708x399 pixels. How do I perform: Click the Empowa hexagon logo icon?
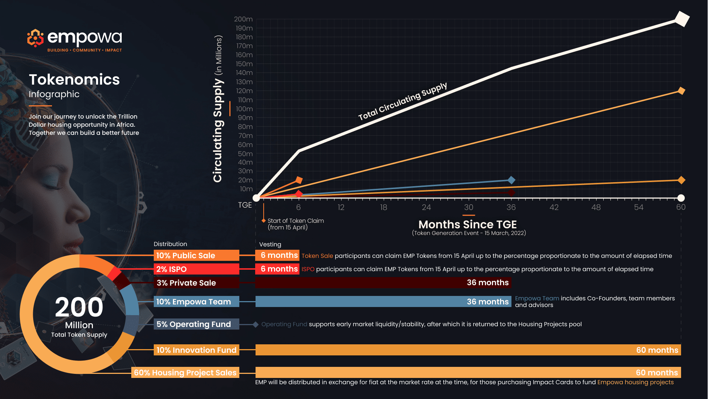tap(35, 38)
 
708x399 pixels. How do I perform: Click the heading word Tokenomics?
tap(74, 79)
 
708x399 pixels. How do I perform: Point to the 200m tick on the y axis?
tap(243, 19)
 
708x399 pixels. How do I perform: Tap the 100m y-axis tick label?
tap(244, 109)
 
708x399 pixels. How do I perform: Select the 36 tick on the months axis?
tap(511, 207)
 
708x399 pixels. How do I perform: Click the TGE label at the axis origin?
tap(245, 205)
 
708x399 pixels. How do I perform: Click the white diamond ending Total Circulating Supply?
tap(682, 19)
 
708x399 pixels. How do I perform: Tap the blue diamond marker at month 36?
tap(511, 180)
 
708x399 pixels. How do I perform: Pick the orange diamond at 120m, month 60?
tap(681, 91)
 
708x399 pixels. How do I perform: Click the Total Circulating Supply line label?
tap(403, 102)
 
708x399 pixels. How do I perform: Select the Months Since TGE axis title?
tap(468, 224)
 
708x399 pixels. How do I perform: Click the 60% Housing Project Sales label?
tap(185, 372)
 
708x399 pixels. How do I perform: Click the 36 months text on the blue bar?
tap(487, 301)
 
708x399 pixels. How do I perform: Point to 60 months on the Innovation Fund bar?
tap(657, 350)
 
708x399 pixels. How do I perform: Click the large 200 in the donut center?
tap(79, 307)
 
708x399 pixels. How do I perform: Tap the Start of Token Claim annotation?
tap(295, 224)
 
